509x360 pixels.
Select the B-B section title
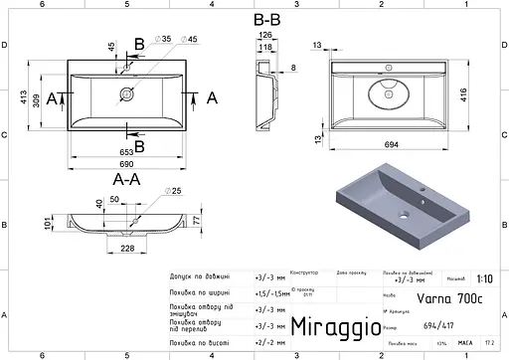coord(266,18)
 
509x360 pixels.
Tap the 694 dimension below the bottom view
coord(394,145)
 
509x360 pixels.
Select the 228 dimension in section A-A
coord(127,249)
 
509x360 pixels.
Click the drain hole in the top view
coord(126,96)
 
